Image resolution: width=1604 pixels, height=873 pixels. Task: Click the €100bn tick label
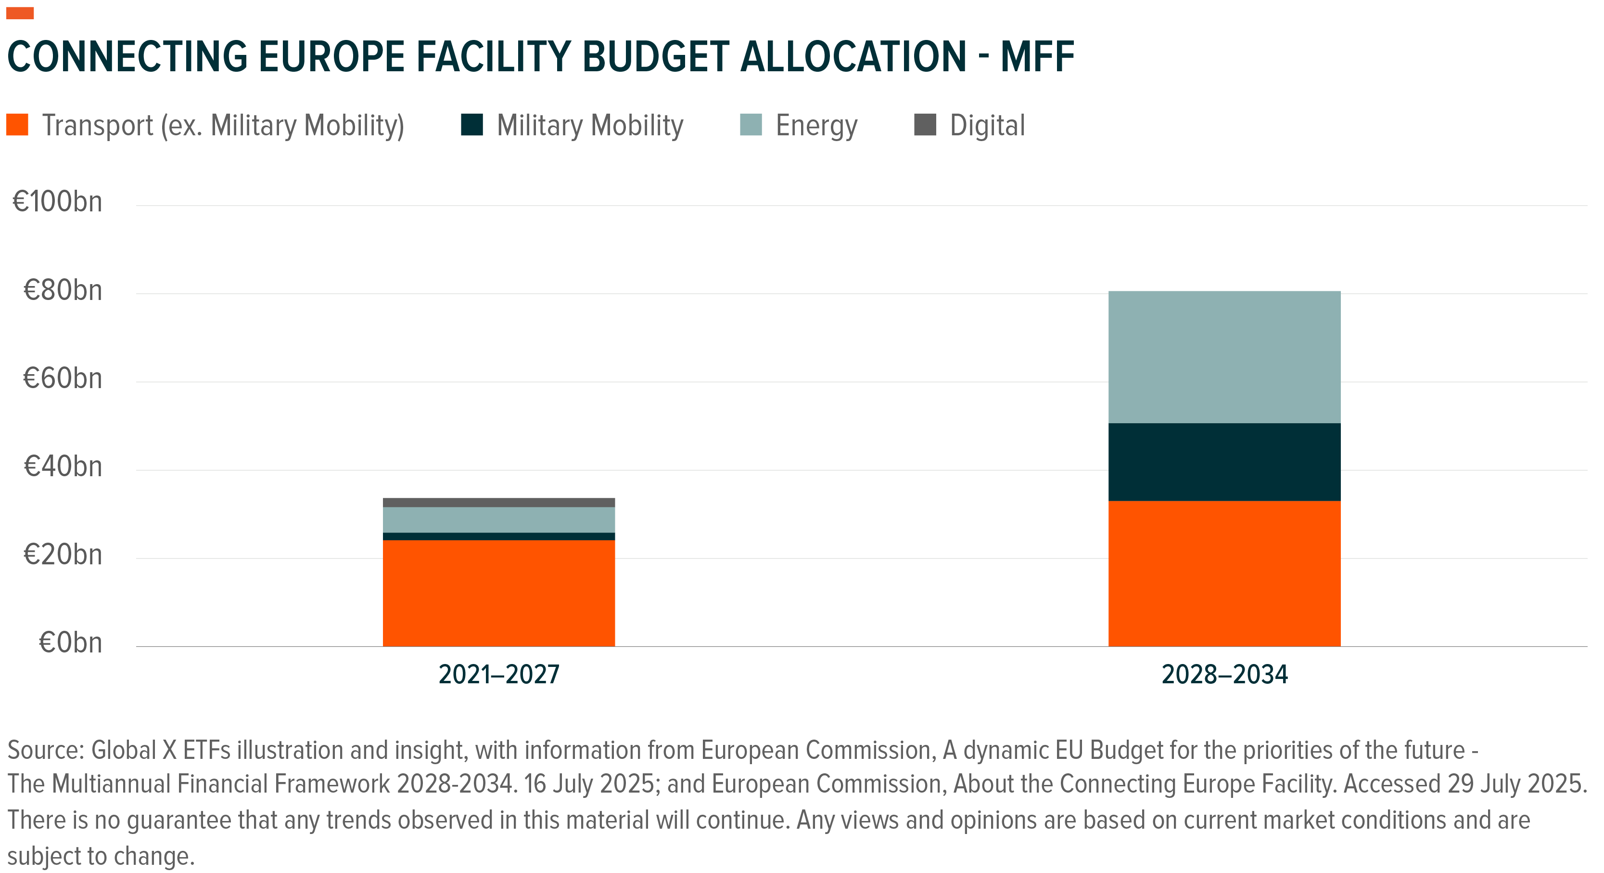coord(57,202)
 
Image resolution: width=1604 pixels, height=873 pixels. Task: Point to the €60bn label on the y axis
coord(62,378)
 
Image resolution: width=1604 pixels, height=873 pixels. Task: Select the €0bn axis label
coord(70,642)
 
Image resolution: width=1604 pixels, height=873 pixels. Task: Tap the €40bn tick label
coord(62,467)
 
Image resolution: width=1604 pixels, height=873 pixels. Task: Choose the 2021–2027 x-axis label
coord(499,674)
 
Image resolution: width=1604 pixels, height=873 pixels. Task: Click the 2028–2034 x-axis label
coord(1224,674)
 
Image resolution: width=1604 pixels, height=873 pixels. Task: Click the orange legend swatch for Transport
coord(17,125)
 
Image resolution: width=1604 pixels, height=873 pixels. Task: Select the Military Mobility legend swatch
coord(472,125)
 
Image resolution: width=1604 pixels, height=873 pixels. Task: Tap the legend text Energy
coord(816,126)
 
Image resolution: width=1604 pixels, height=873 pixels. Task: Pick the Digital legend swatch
coord(925,125)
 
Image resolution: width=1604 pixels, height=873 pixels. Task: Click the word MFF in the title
coord(1037,57)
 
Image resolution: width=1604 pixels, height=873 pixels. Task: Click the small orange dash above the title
coord(20,13)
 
